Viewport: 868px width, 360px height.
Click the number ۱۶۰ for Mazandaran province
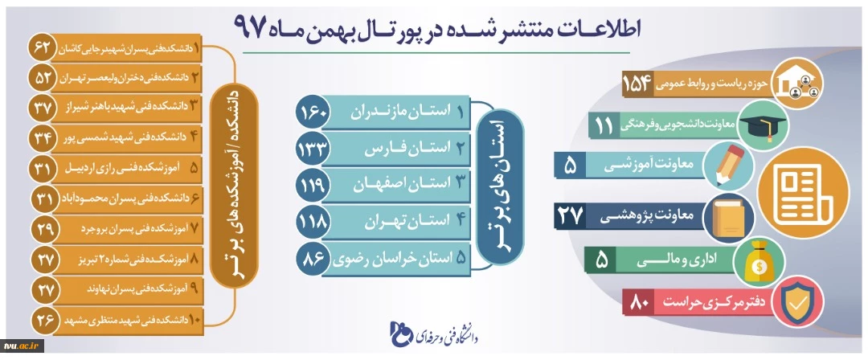(314, 113)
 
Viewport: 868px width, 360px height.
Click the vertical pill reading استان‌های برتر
(499, 186)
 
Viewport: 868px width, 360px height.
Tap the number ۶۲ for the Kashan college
(42, 49)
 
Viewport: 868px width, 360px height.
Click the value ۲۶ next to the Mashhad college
(42, 320)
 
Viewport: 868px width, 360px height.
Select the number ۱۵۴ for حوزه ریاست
(637, 84)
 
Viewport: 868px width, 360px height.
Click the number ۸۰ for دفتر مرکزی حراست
(640, 303)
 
